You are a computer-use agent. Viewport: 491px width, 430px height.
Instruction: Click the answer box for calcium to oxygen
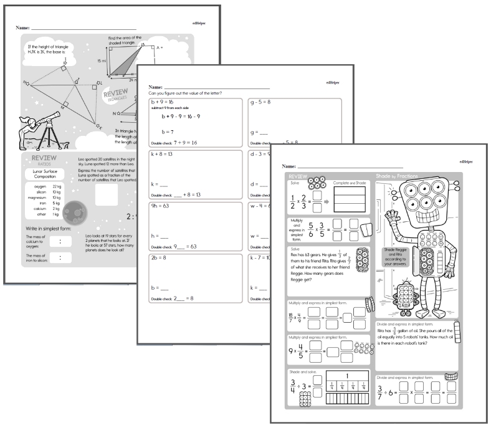pyautogui.click(x=59, y=241)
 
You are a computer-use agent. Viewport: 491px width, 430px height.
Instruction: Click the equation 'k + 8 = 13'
pyautogui.click(x=163, y=154)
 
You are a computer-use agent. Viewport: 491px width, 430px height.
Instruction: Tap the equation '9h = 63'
pyautogui.click(x=160, y=206)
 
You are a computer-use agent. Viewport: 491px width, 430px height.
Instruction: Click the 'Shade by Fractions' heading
pyautogui.click(x=400, y=176)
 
